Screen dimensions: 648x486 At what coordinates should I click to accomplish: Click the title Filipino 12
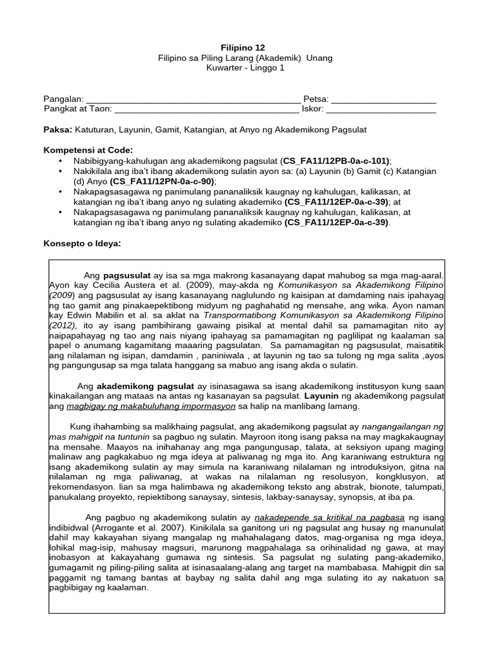243,47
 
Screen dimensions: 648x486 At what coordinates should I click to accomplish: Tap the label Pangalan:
64,99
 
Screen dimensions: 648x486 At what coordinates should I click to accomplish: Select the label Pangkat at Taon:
78,109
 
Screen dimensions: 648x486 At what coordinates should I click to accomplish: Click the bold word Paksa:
58,129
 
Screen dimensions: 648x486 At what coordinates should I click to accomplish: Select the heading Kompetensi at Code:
88,150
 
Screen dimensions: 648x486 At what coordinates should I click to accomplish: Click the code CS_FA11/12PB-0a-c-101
336,161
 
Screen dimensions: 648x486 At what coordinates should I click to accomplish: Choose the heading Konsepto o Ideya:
82,244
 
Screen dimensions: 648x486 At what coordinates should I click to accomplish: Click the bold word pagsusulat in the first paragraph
127,275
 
